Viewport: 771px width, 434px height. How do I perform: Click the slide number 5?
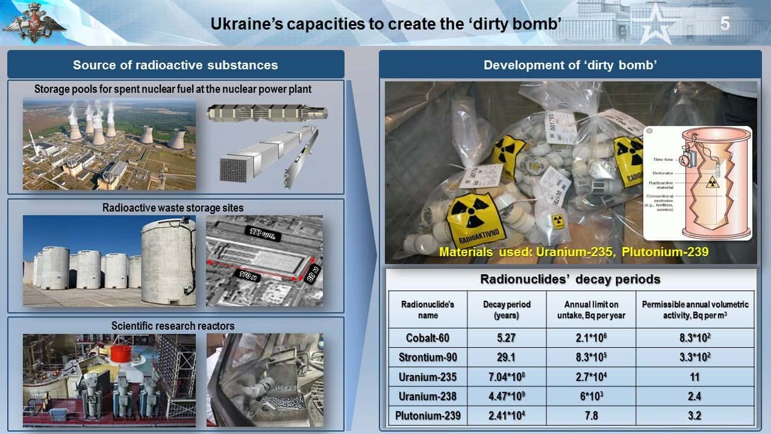(x=725, y=24)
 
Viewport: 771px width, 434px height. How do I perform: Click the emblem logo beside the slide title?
(x=26, y=23)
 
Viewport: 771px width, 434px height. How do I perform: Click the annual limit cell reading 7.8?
(x=591, y=415)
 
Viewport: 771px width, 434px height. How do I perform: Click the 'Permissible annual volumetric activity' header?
(x=695, y=310)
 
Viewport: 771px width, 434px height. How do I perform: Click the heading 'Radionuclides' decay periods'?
(x=570, y=279)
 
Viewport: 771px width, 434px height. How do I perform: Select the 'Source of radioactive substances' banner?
(x=175, y=65)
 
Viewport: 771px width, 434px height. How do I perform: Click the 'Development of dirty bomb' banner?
(x=570, y=65)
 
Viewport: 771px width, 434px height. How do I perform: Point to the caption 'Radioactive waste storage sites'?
(x=173, y=208)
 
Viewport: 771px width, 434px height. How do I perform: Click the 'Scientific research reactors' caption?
(x=173, y=326)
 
